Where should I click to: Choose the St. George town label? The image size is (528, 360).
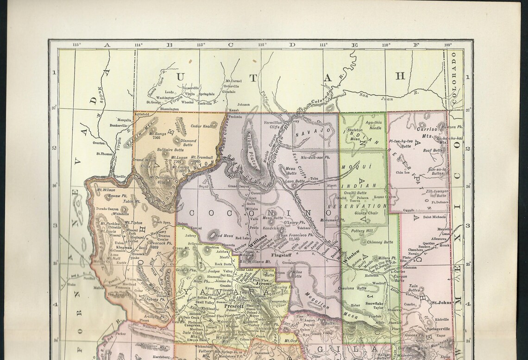tap(155, 102)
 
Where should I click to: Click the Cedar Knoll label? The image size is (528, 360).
tap(201, 126)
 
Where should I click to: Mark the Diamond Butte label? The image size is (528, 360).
tap(188, 143)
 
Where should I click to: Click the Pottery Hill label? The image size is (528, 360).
tap(362, 230)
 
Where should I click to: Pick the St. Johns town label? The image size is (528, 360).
tap(442, 304)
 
